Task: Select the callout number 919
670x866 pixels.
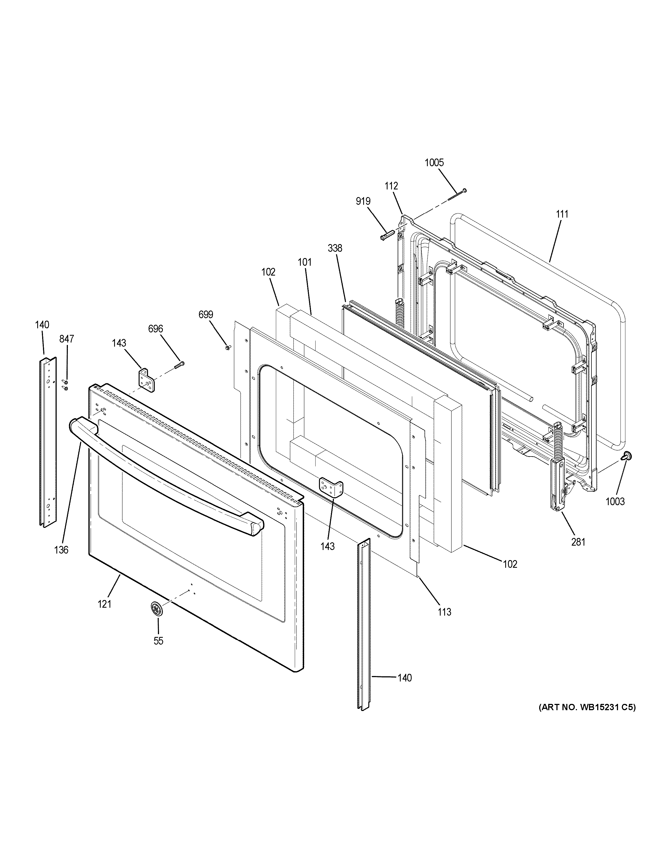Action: pyautogui.click(x=363, y=201)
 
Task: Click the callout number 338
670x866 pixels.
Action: pyautogui.click(x=335, y=248)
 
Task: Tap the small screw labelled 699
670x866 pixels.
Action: pyautogui.click(x=228, y=347)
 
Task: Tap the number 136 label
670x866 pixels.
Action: pyautogui.click(x=62, y=549)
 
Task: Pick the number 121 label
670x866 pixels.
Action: pyautogui.click(x=104, y=604)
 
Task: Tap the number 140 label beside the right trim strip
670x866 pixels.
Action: pyautogui.click(x=405, y=678)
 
